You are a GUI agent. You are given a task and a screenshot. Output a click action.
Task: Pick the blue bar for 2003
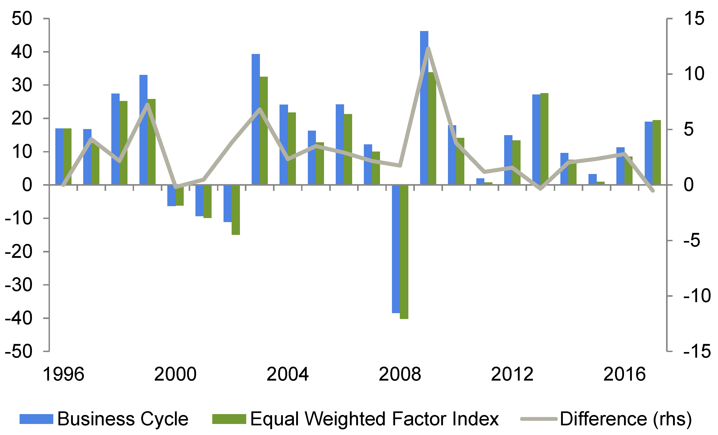[255, 119]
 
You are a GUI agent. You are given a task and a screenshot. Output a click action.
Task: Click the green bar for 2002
[236, 210]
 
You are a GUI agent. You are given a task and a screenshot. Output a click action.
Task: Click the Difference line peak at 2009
[428, 48]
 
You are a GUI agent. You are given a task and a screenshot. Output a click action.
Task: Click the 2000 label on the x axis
[175, 374]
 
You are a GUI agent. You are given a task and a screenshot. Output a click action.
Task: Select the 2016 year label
[624, 374]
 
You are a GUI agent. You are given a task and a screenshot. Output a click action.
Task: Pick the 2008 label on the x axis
[400, 374]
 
